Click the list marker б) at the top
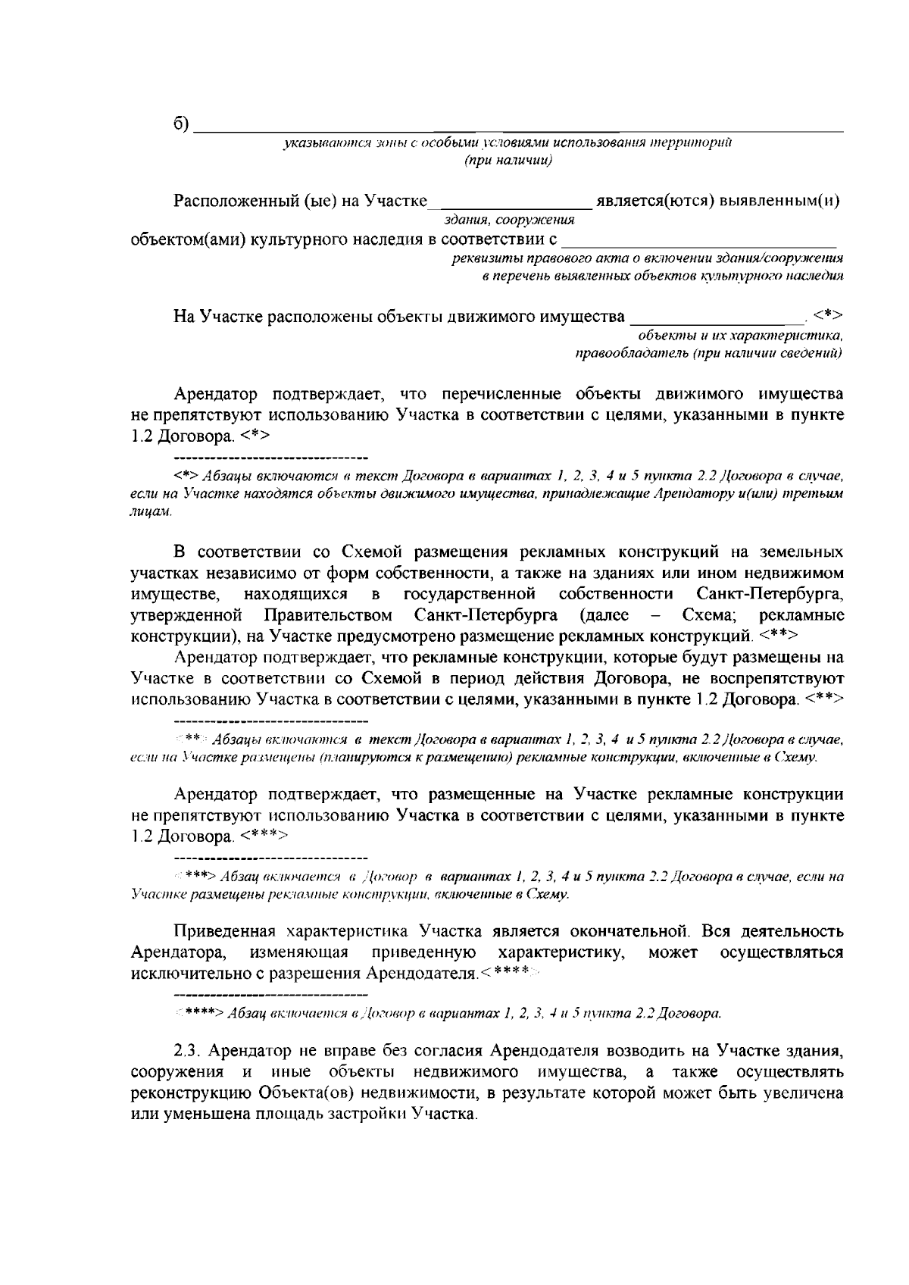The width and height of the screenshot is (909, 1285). [x=181, y=124]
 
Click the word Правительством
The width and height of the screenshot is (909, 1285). [x=328, y=612]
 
